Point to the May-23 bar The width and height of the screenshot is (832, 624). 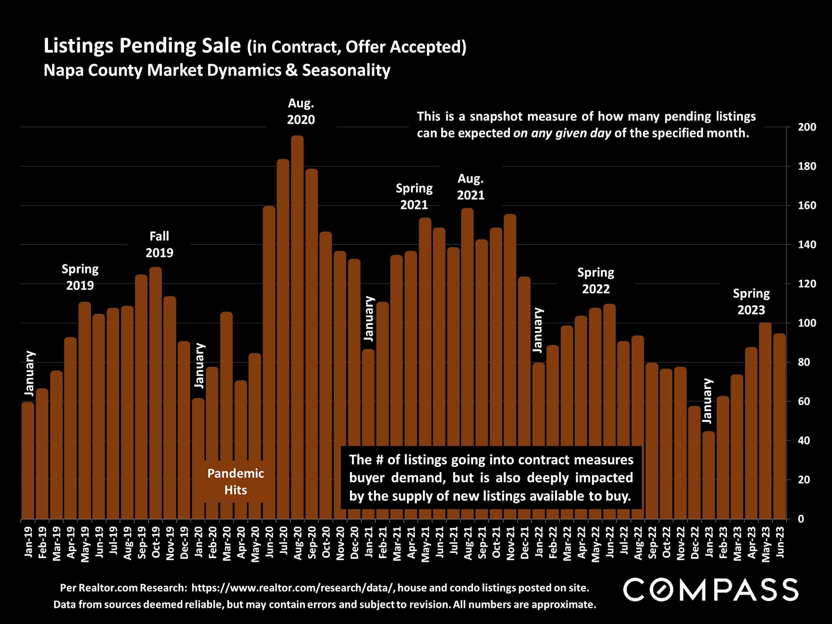[x=765, y=421]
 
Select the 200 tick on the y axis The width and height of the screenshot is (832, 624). [x=807, y=127]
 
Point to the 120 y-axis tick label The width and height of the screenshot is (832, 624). [x=807, y=284]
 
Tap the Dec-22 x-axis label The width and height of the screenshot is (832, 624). [x=695, y=543]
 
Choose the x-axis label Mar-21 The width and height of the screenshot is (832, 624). [x=396, y=543]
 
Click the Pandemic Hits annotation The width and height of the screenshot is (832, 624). [x=235, y=481]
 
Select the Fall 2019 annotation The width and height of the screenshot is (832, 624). [x=159, y=244]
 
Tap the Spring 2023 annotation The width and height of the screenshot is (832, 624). [x=751, y=302]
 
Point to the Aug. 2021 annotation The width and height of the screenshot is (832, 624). [x=471, y=187]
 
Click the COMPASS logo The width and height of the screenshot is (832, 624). [x=710, y=590]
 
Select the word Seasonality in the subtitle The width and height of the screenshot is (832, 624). [x=346, y=70]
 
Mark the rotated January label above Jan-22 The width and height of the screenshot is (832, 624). [x=538, y=330]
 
